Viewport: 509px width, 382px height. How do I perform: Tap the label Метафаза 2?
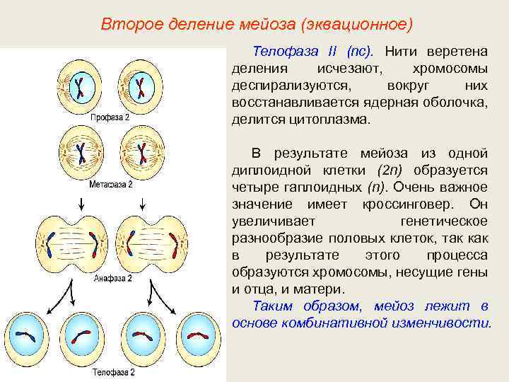[x=110, y=183]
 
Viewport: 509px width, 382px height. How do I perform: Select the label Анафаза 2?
[x=113, y=279]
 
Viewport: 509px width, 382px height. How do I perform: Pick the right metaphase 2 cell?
[x=142, y=152]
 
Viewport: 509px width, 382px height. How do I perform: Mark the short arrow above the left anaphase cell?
[x=83, y=204]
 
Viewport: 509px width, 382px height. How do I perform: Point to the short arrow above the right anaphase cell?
[x=144, y=204]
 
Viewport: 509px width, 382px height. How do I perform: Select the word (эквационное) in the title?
[x=356, y=25]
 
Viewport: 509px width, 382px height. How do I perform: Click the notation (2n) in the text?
[x=392, y=170]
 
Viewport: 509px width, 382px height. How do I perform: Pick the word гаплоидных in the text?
[x=327, y=187]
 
